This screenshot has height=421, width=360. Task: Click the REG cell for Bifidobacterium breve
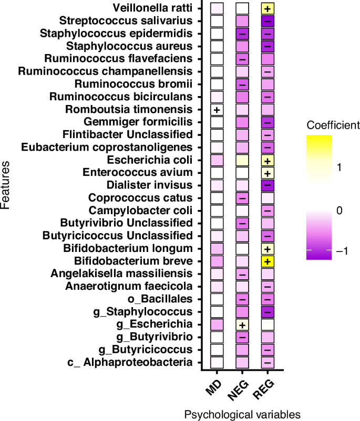point(268,261)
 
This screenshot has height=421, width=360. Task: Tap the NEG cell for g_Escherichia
point(242,324)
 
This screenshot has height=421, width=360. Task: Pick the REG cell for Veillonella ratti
point(268,8)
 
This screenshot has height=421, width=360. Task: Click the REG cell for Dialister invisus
point(268,185)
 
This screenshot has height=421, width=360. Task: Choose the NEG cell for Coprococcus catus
point(242,198)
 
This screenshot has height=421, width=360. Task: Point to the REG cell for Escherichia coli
point(268,160)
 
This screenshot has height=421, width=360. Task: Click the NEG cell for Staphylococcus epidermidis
point(242,34)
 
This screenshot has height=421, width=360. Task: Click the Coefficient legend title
point(333,125)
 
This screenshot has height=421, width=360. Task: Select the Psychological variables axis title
point(242,414)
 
